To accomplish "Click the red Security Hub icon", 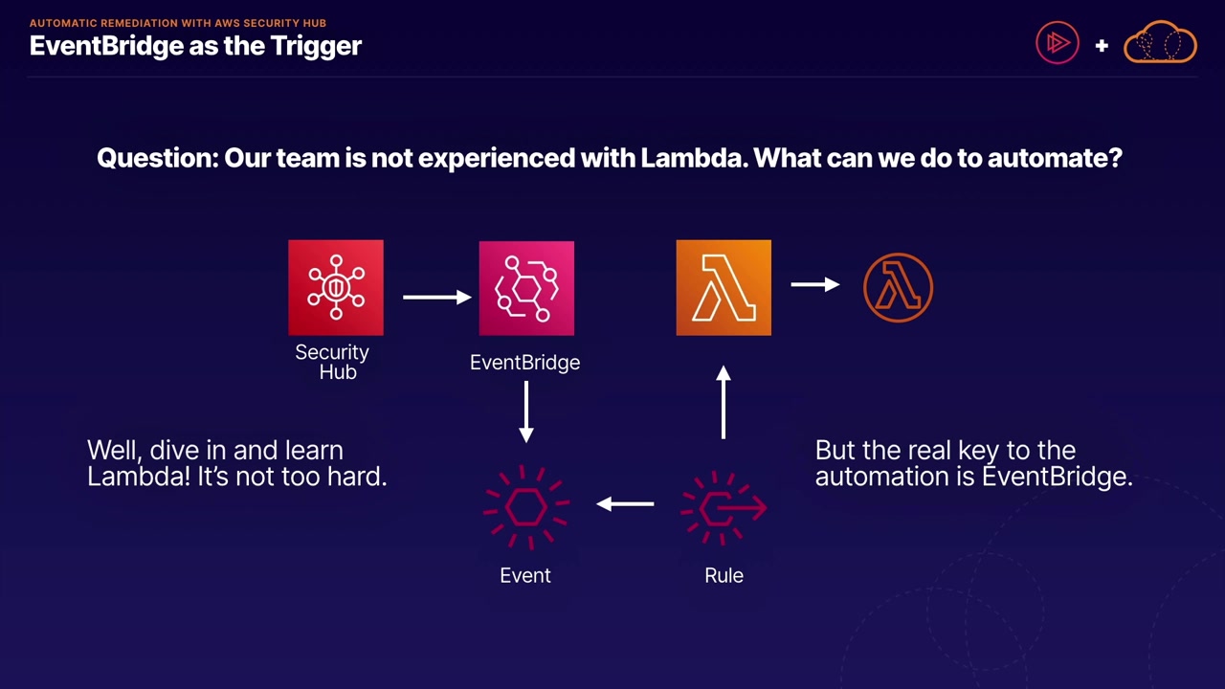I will (336, 288).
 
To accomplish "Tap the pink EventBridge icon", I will (526, 288).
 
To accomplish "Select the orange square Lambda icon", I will (724, 288).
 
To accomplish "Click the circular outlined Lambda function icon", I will (898, 287).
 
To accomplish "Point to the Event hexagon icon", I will (525, 507).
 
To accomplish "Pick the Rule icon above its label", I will (724, 508).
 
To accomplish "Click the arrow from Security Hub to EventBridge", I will (436, 297).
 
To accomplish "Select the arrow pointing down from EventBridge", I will (525, 411).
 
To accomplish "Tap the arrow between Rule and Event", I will (625, 503).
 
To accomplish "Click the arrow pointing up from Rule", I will (724, 403).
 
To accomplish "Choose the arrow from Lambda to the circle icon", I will (815, 284).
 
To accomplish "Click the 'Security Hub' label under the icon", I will (332, 362).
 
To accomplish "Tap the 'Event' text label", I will (525, 575).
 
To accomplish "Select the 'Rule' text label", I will (724, 575).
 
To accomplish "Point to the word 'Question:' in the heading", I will (158, 158).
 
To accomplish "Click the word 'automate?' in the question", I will (1054, 158).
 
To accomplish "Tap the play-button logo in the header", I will (1058, 43).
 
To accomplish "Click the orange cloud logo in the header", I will (1160, 43).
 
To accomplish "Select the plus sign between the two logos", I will (1102, 45).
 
